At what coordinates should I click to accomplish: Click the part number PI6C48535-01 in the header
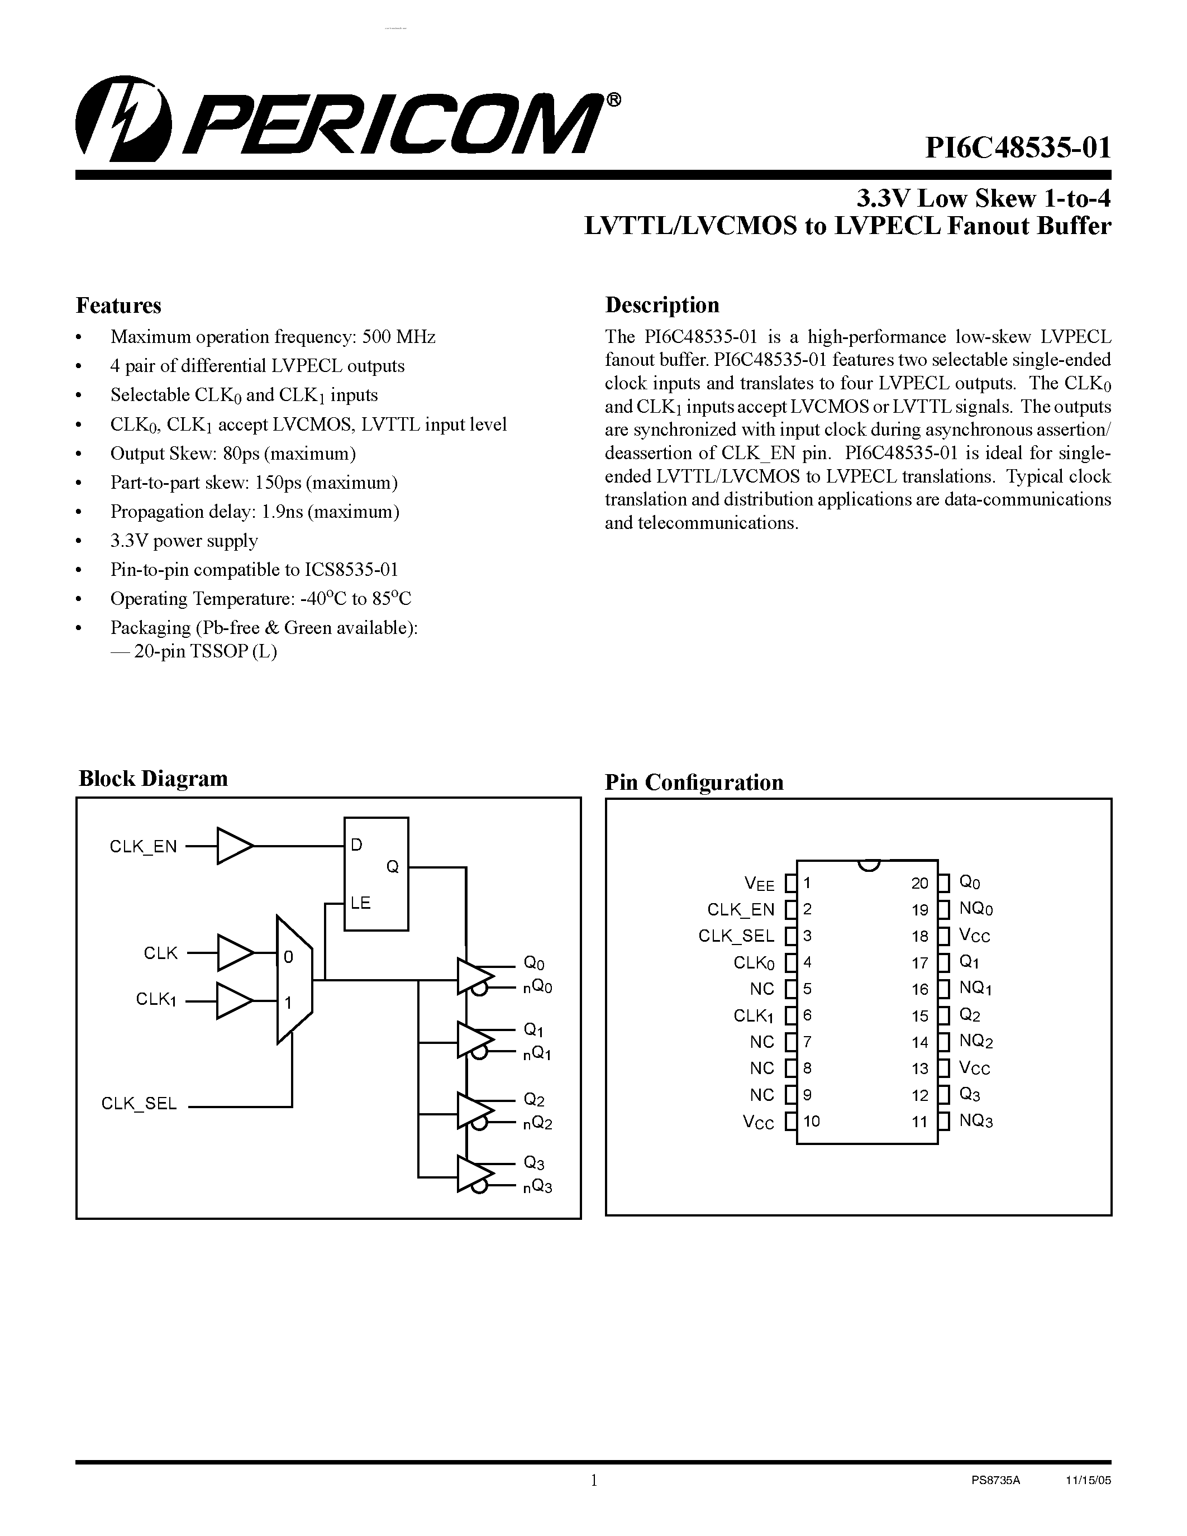(x=1018, y=149)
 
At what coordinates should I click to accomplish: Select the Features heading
(x=118, y=305)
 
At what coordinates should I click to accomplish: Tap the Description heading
(x=662, y=304)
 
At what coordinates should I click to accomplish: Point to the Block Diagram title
(x=152, y=778)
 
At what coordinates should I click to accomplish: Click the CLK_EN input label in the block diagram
(x=143, y=847)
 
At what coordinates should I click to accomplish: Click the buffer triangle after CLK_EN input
(x=233, y=846)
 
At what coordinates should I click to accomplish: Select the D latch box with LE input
(x=375, y=874)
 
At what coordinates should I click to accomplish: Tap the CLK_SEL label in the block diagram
(x=139, y=1104)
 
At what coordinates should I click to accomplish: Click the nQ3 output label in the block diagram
(x=537, y=1188)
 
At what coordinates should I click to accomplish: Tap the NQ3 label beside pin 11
(x=976, y=1120)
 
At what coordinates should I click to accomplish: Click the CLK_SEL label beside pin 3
(x=736, y=936)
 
